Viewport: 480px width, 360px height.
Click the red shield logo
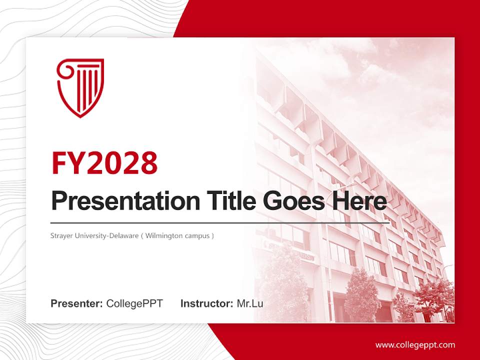pyautogui.click(x=80, y=87)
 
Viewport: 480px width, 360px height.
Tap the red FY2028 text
pyautogui.click(x=104, y=162)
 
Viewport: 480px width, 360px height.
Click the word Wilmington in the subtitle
pyautogui.click(x=166, y=235)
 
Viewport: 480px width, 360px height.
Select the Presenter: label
pyautogui.click(x=77, y=303)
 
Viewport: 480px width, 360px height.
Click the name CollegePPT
pyautogui.click(x=134, y=303)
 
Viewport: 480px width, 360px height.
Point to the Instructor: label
pyautogui.click(x=206, y=303)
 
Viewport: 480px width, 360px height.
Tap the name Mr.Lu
pyautogui.click(x=250, y=303)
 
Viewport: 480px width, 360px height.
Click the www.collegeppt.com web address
pyautogui.click(x=415, y=345)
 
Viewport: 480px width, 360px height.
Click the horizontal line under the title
pyautogui.click(x=220, y=222)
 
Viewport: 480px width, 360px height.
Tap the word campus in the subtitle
pyautogui.click(x=198, y=235)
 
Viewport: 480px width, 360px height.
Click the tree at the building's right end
pyautogui.click(x=433, y=297)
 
